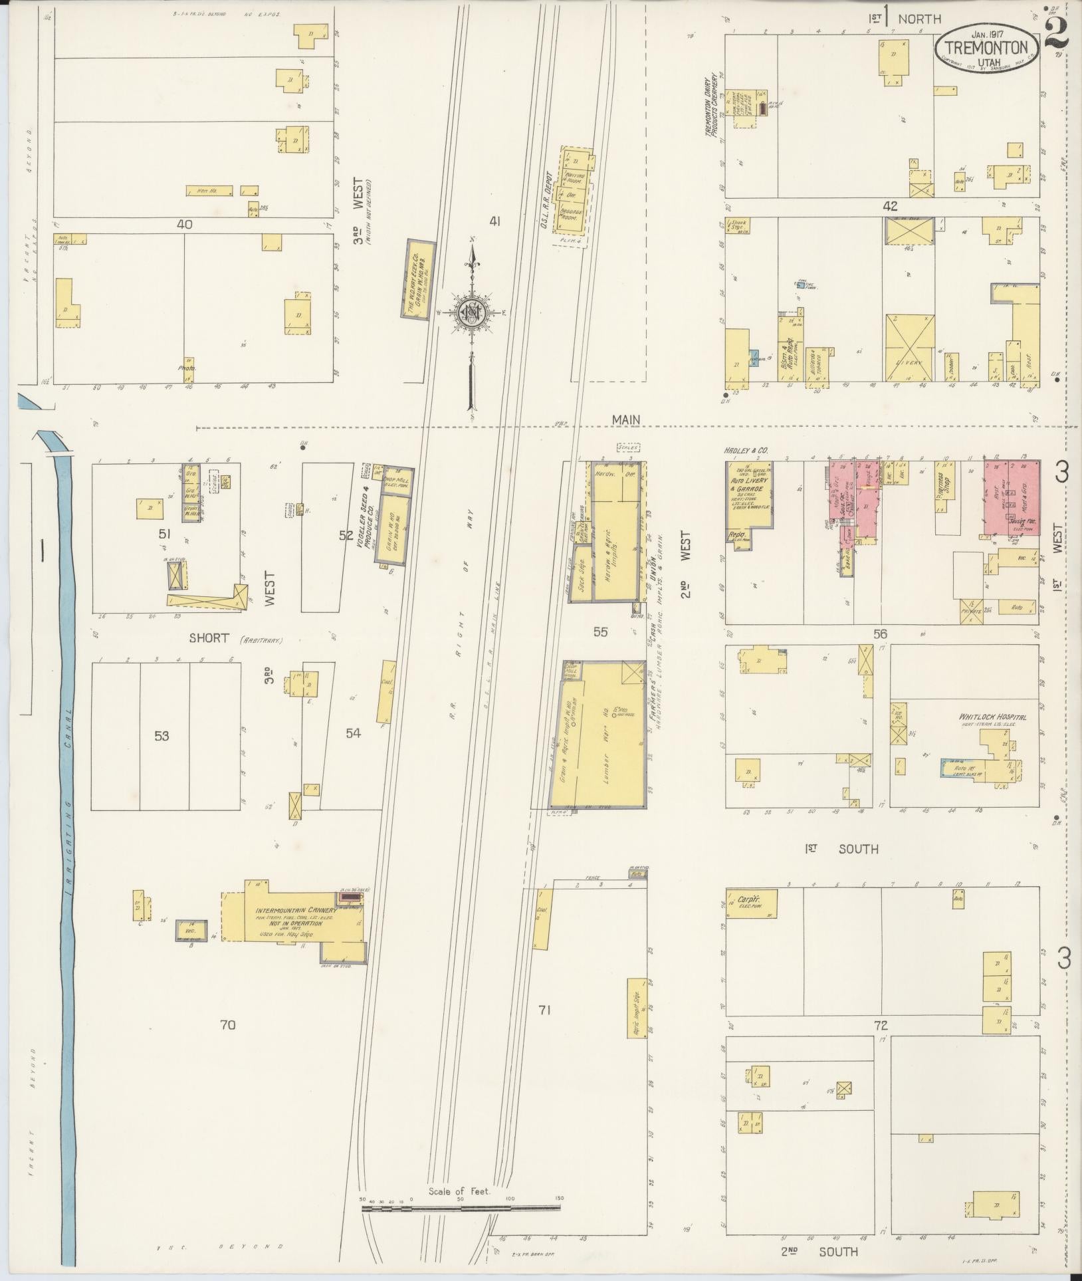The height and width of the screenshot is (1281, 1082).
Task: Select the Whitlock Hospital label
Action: (x=992, y=717)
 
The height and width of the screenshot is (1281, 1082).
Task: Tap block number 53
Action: (x=162, y=735)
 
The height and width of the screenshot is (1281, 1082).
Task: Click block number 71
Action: (x=545, y=1029)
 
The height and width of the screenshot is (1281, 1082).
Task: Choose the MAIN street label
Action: (x=627, y=419)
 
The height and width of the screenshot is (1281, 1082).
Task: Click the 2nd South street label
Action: (x=819, y=1251)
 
